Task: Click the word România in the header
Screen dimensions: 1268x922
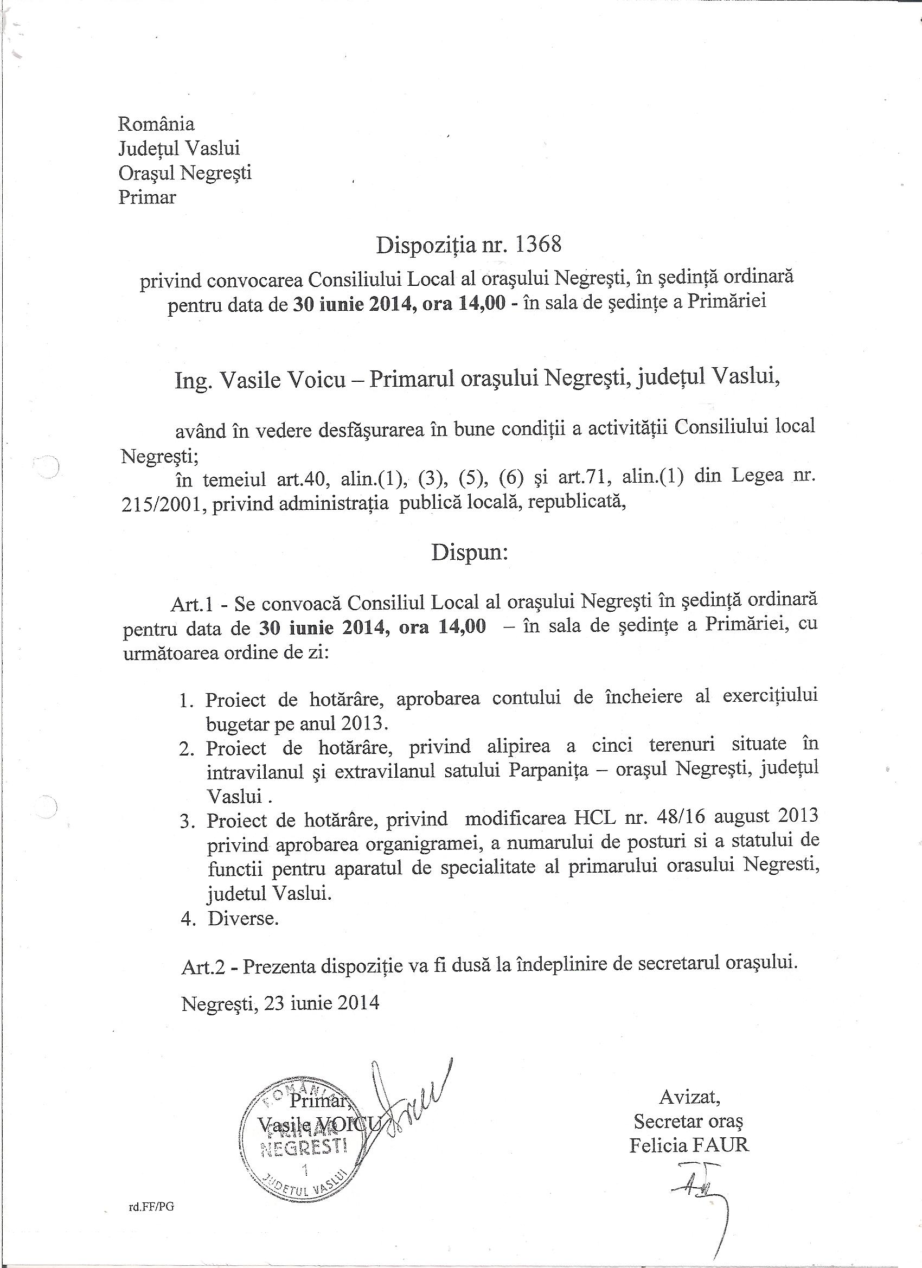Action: (156, 124)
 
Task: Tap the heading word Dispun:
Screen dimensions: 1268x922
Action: (469, 553)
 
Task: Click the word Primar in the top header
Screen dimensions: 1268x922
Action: (147, 197)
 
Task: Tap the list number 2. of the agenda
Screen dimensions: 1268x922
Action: (187, 749)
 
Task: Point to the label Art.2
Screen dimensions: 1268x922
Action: (203, 968)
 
